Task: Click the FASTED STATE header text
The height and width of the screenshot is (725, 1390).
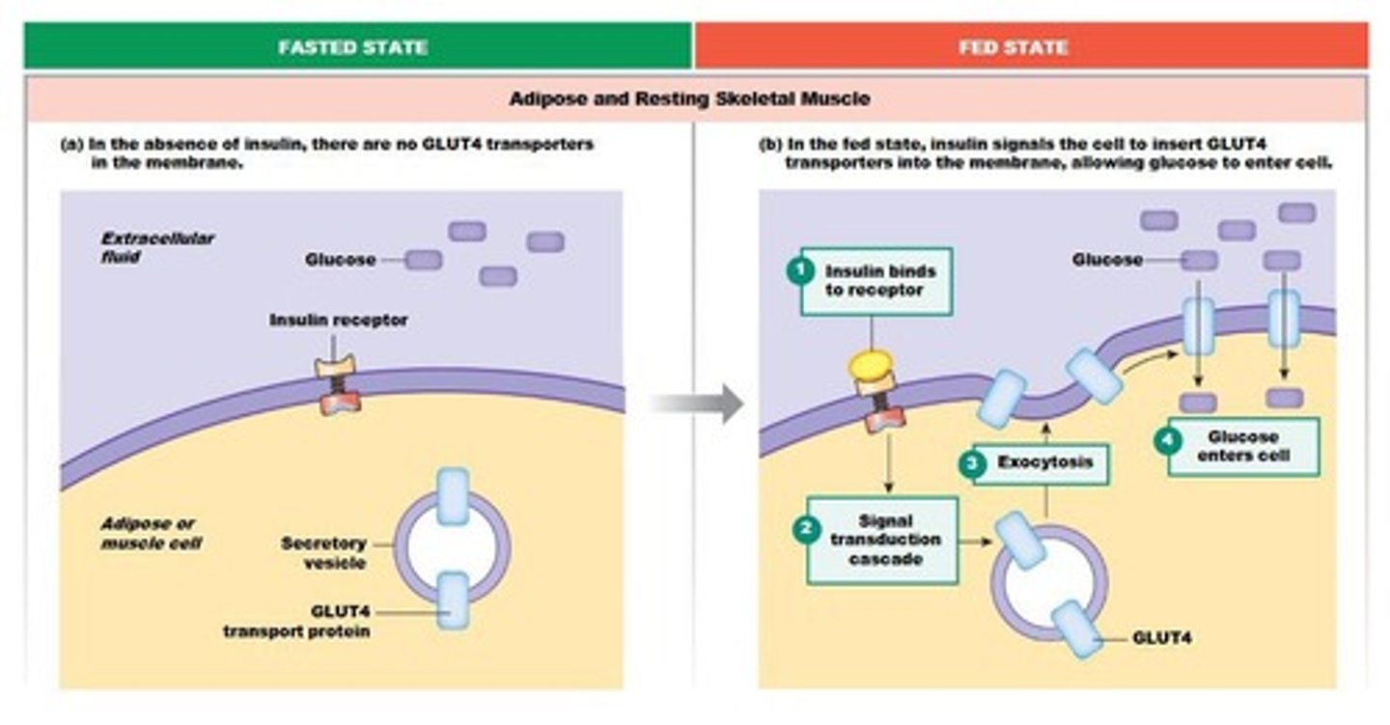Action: coord(352,46)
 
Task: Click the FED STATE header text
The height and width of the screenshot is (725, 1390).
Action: coord(1013,46)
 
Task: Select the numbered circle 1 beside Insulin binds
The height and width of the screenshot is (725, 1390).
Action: coord(800,271)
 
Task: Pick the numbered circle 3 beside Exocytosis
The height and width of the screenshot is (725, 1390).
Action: coord(971,463)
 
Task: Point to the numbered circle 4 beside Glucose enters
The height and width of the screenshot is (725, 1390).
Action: coord(1168,440)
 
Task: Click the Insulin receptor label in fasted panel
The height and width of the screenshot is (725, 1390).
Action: coord(338,320)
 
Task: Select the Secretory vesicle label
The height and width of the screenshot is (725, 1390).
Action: coord(323,552)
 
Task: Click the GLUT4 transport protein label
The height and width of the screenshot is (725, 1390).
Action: coord(296,622)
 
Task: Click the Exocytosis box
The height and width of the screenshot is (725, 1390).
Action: coord(1044,463)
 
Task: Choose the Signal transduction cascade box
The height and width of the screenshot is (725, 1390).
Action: coord(884,541)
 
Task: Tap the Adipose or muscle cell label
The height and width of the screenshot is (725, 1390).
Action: coord(152,533)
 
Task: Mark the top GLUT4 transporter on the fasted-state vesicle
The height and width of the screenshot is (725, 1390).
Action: coord(452,496)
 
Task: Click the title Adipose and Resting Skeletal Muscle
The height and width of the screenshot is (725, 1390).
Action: coord(689,98)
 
